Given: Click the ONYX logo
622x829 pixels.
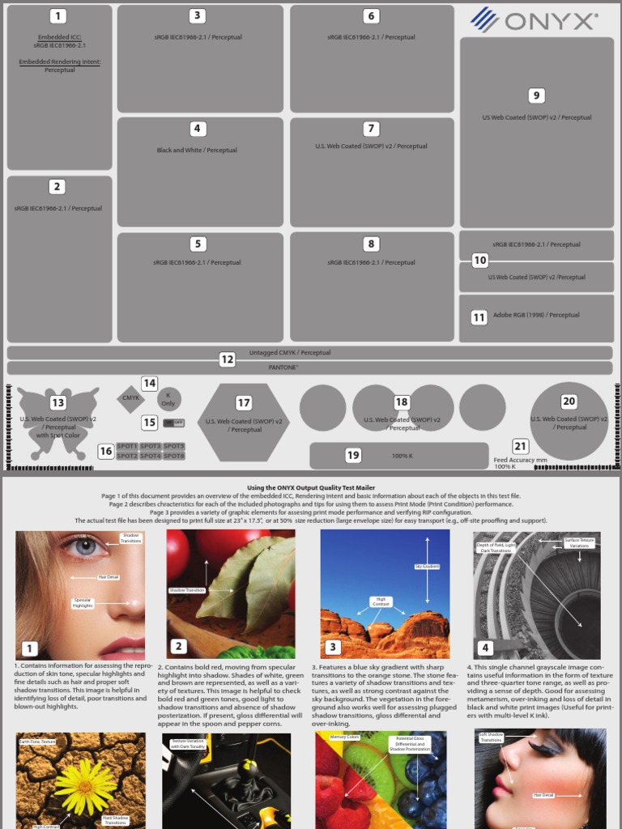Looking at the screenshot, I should click(x=535, y=19).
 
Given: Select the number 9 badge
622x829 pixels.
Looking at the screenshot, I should click(x=536, y=96).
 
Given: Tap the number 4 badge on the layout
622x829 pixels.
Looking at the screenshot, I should click(x=197, y=129).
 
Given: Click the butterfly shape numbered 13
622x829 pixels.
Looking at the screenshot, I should click(x=58, y=422).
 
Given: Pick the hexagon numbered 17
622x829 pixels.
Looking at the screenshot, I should click(x=244, y=421).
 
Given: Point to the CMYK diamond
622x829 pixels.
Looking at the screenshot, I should click(x=131, y=397).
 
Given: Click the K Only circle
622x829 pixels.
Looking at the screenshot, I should click(x=168, y=398).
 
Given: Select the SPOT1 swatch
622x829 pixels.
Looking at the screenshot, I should click(x=127, y=446).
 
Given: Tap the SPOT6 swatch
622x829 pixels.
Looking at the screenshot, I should click(x=175, y=456).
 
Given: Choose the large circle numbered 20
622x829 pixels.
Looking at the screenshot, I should click(x=569, y=421).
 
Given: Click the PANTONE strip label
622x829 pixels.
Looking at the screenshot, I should click(x=283, y=367).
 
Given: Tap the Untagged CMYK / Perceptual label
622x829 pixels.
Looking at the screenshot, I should click(x=289, y=353).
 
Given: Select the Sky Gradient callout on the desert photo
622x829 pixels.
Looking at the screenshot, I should click(x=427, y=567).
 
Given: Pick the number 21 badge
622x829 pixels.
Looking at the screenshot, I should click(x=521, y=446).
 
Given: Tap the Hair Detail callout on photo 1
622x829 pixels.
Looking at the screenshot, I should click(x=109, y=577).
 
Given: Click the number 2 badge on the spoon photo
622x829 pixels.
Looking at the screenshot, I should click(x=178, y=646).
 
